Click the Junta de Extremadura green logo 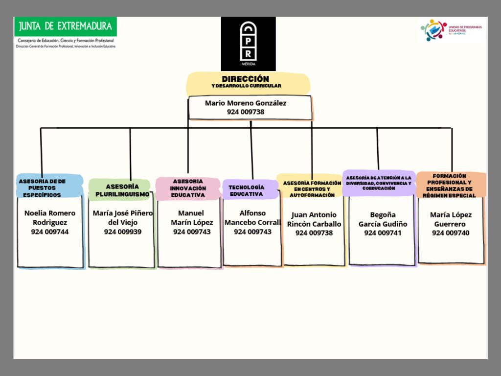66,25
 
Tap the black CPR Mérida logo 248,44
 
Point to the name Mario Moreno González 246,103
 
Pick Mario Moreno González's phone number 246,112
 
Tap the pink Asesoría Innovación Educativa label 188,188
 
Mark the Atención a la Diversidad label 379,183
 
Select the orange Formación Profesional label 451,185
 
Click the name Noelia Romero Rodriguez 50,217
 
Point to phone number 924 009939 123,232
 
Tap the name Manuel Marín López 192,217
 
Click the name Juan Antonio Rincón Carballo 314,219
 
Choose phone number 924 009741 383,233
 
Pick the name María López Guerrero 451,219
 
